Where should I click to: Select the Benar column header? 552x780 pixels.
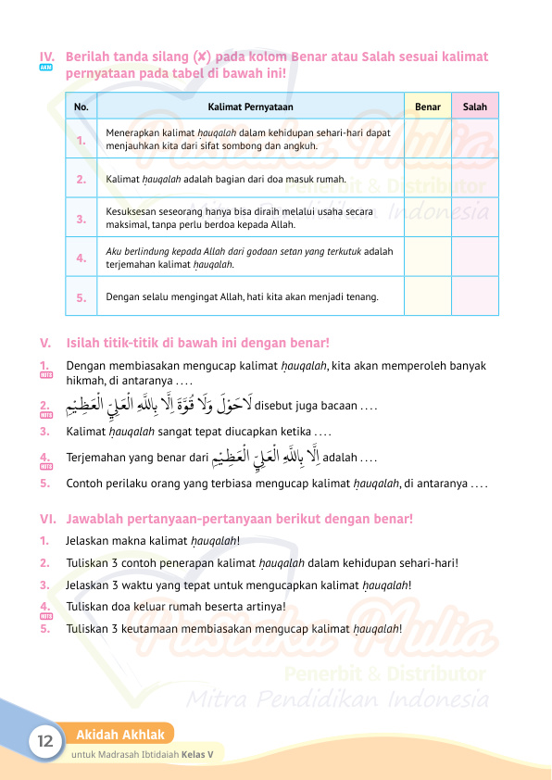428,107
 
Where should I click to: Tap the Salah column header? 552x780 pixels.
474,107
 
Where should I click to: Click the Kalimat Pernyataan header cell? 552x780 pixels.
250,107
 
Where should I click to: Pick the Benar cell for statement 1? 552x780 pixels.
428,140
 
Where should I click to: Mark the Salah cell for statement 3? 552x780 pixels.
474,219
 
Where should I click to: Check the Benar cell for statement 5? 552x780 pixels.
428,297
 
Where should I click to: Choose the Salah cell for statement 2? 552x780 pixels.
474,179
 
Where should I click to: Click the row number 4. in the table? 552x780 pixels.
82,258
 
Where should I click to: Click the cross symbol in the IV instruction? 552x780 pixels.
202,57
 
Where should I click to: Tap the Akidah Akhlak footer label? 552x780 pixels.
120,735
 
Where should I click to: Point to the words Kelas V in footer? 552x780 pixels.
197,754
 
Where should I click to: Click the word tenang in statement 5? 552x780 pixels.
361,297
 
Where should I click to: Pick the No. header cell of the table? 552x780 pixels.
82,107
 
